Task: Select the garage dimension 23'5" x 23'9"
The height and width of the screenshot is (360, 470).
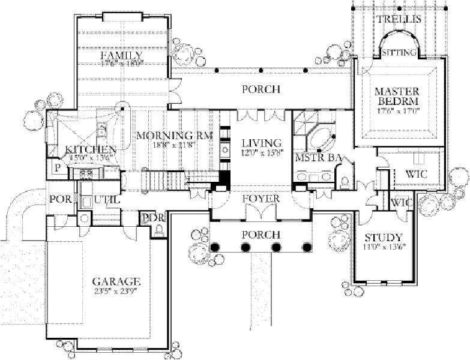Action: pyautogui.click(x=116, y=292)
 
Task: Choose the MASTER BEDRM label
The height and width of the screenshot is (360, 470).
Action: pyautogui.click(x=396, y=97)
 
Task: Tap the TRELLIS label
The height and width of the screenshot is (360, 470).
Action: pyautogui.click(x=399, y=19)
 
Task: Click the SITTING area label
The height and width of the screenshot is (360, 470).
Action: pyautogui.click(x=399, y=53)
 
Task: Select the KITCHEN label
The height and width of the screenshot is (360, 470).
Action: pyautogui.click(x=91, y=149)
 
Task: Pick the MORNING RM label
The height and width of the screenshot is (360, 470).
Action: pyautogui.click(x=174, y=136)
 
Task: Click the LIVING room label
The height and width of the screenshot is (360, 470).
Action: pyautogui.click(x=262, y=143)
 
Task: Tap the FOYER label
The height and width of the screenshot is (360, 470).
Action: pyautogui.click(x=261, y=198)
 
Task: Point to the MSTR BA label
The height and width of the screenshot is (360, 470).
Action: pyautogui.click(x=319, y=157)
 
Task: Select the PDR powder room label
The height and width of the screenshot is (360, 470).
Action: pyautogui.click(x=152, y=218)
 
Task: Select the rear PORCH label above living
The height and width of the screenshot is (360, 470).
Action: pyautogui.click(x=261, y=89)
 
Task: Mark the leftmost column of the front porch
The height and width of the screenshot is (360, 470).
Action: pyautogui.click(x=214, y=247)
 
